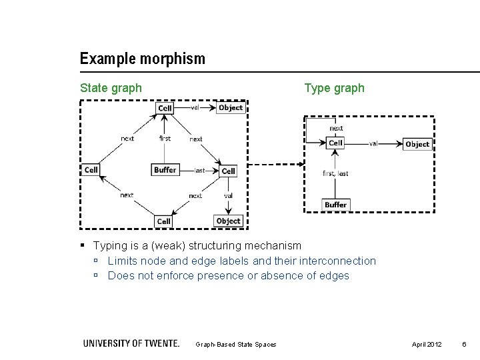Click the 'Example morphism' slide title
pos(142,59)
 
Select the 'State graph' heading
pos(111,87)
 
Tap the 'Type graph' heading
pos(334,87)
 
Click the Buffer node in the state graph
pos(165,170)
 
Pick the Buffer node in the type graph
pos(336,204)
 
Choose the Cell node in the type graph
pos(336,143)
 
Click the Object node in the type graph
pos(417,143)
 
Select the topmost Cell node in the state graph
pos(165,108)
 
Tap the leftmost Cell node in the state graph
pos(91,170)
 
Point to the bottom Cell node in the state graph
pos(164,221)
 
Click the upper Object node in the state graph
pos(230,107)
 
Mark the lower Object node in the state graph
pos(228,221)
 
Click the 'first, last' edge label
pos(335,173)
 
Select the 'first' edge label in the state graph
pos(165,139)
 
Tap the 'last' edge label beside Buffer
pos(199,171)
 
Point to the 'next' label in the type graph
pos(336,128)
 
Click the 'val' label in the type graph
pos(373,143)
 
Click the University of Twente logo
pos(131,343)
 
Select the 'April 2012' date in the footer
pos(426,343)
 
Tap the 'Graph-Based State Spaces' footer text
pos(236,344)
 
